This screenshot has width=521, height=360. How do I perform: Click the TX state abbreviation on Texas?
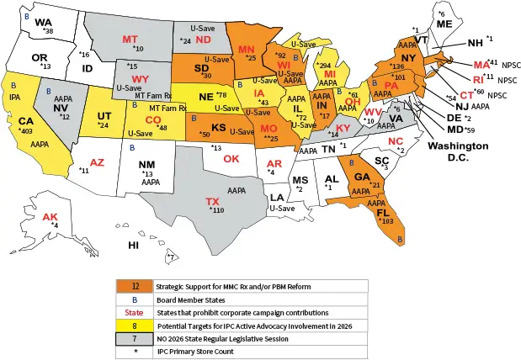214,202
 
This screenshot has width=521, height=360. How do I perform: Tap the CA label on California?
26,121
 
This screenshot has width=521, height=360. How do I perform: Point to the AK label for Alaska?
50,216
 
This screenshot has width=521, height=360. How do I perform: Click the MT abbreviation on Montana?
130,40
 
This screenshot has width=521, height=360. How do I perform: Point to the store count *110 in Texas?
218,210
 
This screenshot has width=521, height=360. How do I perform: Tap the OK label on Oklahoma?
231,158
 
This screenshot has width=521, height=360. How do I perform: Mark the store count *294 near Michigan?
322,65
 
